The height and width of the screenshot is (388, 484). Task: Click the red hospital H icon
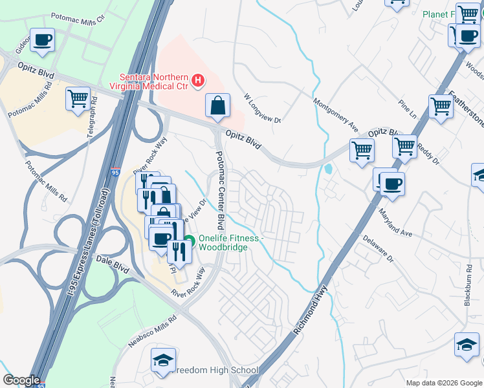(x=199, y=81)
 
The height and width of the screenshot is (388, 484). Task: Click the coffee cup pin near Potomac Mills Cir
(x=43, y=40)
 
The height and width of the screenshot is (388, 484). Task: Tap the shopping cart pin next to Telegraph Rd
(x=78, y=100)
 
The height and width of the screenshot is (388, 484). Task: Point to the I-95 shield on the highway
(x=115, y=172)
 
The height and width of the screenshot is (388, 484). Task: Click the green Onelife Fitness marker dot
(x=189, y=243)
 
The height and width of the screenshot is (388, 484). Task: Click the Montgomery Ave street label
(x=335, y=113)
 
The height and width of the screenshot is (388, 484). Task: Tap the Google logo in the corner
(x=21, y=380)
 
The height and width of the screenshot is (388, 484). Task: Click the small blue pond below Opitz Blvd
(x=329, y=170)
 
